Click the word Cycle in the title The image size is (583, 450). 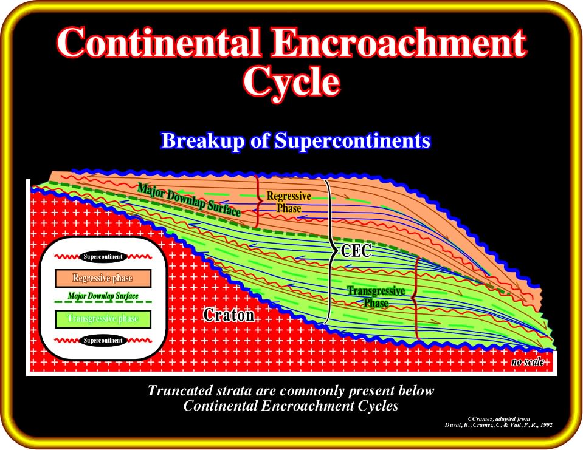point(291,82)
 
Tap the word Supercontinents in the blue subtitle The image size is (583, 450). point(353,141)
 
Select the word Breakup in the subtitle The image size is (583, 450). point(202,141)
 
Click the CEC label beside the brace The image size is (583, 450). point(356,251)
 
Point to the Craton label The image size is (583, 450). point(229,315)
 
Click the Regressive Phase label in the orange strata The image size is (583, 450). point(289,202)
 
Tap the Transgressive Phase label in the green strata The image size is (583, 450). point(376,297)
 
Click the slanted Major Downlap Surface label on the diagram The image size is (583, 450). point(189,199)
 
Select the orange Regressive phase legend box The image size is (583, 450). point(103,279)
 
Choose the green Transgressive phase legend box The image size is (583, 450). point(103,319)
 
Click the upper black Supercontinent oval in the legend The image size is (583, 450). point(103,256)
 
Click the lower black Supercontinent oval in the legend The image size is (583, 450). point(103,341)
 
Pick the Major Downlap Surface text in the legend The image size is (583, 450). point(103,296)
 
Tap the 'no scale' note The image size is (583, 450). point(528,361)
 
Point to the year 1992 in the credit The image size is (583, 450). point(547,424)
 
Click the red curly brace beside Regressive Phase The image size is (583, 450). point(257,201)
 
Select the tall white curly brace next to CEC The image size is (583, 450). point(329,252)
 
